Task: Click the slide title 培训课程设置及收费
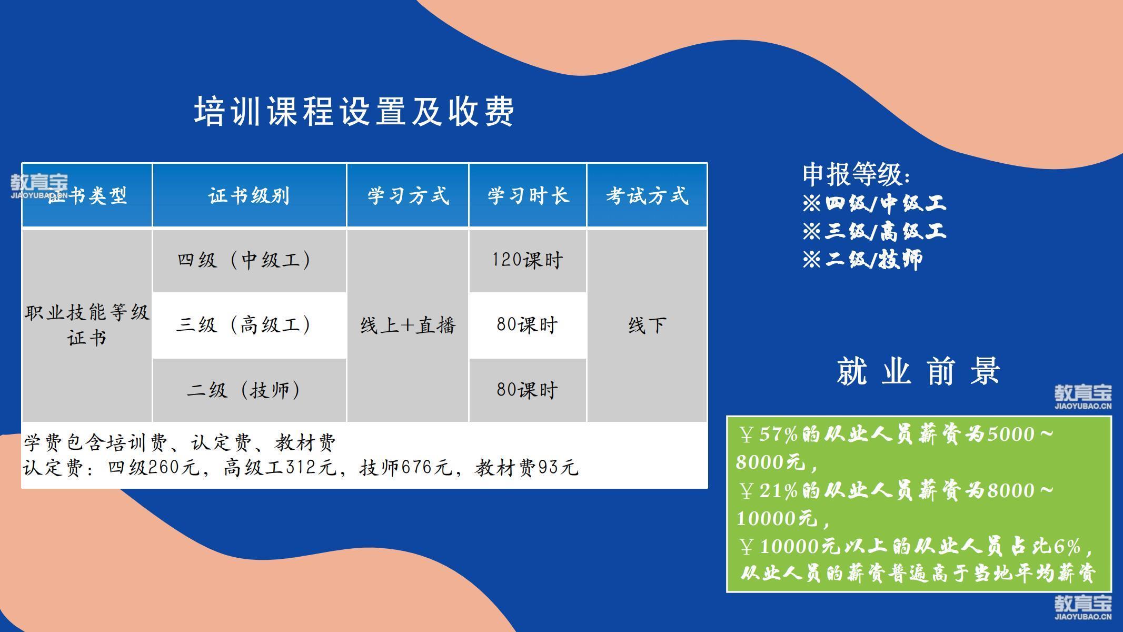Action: pos(354,111)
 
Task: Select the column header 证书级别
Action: pos(249,196)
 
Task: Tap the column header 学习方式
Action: pos(408,196)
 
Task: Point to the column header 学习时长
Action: pos(528,196)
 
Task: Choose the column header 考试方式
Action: pos(647,196)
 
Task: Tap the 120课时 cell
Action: pos(528,260)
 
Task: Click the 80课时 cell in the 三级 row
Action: pos(528,325)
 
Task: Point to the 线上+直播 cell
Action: pos(408,325)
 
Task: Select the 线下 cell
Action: pos(647,325)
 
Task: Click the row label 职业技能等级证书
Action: pos(87,325)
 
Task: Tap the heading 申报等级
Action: pos(856,174)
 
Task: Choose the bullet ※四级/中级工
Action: pos(874,203)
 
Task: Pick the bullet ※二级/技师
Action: pos(862,259)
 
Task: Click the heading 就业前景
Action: pos(918,371)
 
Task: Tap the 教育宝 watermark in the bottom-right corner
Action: pos(1084,608)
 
